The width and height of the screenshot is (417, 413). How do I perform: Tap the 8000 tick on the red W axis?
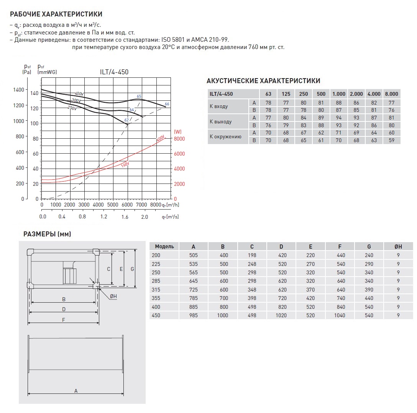[179, 139]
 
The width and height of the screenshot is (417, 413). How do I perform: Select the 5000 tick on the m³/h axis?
[113, 205]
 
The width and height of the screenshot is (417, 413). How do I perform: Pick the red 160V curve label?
[125, 164]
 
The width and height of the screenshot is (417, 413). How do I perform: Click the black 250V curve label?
[72, 108]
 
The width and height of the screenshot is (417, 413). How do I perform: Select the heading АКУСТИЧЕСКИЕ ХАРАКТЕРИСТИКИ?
[263, 81]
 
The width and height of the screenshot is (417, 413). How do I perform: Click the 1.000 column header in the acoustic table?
[339, 94]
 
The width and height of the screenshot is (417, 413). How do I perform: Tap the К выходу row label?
[221, 122]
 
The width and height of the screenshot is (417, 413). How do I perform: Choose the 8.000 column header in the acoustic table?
[391, 94]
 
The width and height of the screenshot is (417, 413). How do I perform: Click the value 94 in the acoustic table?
[339, 118]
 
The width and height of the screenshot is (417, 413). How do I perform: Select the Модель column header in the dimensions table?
[164, 246]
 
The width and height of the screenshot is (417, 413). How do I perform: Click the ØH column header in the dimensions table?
[398, 246]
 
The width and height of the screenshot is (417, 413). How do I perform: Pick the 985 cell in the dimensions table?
[193, 315]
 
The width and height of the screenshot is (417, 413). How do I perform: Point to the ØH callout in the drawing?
[113, 296]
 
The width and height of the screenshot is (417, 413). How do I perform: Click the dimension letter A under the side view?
[76, 391]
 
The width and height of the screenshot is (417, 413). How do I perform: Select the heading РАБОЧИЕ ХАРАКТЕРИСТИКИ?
[56, 15]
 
